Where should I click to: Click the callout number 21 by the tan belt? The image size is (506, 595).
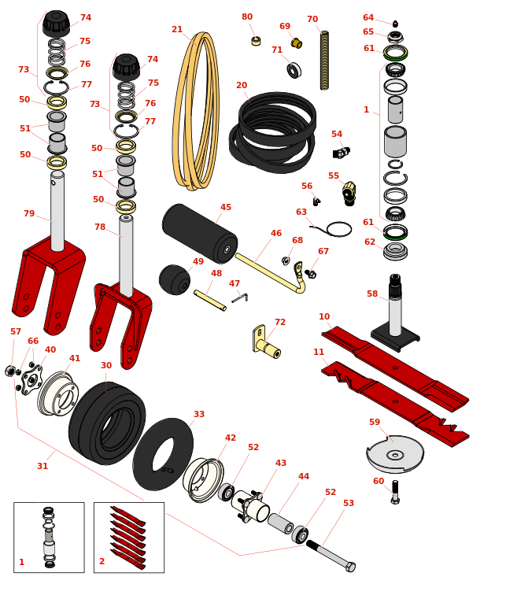click(x=177, y=29)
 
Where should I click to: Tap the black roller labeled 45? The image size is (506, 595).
click(x=200, y=234)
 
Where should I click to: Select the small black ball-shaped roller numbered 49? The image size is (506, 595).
click(x=175, y=279)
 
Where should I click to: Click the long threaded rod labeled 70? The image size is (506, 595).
click(x=324, y=61)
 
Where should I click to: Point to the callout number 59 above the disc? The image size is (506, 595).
click(x=375, y=422)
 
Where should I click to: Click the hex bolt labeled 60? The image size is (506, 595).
click(x=395, y=492)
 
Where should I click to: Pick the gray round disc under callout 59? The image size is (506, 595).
click(x=395, y=454)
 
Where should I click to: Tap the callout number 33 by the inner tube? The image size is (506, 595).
click(x=199, y=414)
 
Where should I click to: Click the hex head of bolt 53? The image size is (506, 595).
click(x=350, y=567)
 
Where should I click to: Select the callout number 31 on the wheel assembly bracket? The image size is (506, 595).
click(x=42, y=466)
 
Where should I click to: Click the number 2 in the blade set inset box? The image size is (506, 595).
click(x=102, y=561)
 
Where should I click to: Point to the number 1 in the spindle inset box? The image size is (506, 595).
click(x=21, y=562)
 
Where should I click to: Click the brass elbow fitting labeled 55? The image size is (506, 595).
click(x=349, y=194)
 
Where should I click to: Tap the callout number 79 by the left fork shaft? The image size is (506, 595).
click(x=29, y=213)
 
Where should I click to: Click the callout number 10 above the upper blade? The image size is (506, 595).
click(x=324, y=316)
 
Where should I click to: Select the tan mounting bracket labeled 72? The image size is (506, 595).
click(x=266, y=342)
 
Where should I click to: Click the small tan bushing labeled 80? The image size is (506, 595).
click(x=256, y=41)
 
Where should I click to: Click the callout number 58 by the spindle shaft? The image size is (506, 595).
click(x=372, y=294)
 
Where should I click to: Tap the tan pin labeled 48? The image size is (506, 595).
click(x=210, y=300)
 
